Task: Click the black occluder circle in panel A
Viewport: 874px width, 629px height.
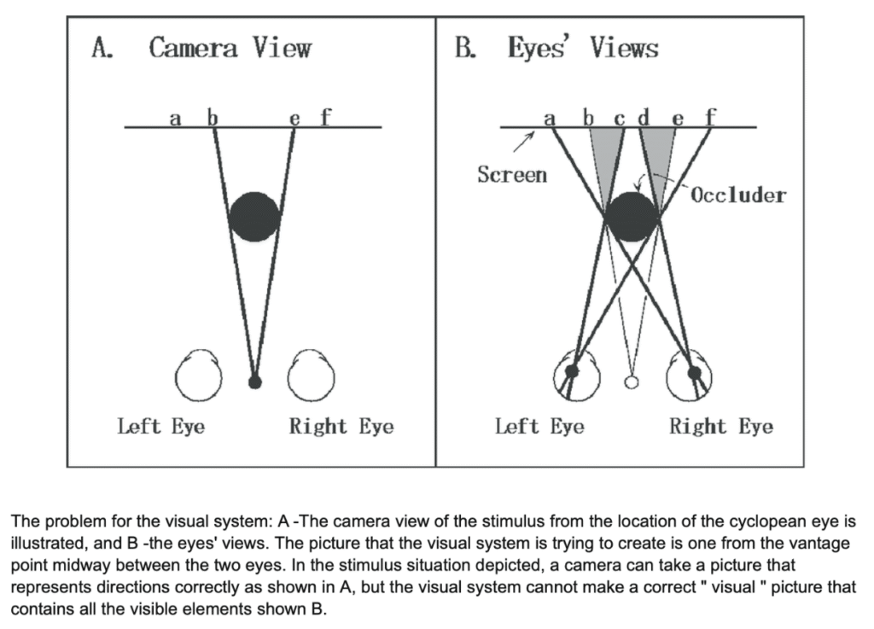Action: pyautogui.click(x=254, y=217)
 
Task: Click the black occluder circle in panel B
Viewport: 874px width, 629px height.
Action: pyautogui.click(x=632, y=217)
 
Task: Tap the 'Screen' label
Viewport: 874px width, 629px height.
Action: pyautogui.click(x=512, y=175)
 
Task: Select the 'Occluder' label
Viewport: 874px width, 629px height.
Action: pyautogui.click(x=738, y=195)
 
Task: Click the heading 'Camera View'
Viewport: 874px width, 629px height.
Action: pyautogui.click(x=230, y=48)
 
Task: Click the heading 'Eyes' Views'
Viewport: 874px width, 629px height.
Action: pyautogui.click(x=583, y=48)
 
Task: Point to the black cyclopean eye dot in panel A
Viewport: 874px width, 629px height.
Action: pyautogui.click(x=254, y=381)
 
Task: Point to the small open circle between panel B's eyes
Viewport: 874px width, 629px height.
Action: pyautogui.click(x=632, y=381)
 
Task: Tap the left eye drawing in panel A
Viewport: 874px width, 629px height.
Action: pyautogui.click(x=197, y=376)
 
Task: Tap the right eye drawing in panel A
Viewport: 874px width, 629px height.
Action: pyautogui.click(x=311, y=376)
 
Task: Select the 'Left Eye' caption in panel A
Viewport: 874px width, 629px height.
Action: pyautogui.click(x=161, y=426)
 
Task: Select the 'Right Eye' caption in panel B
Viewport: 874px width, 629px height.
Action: pyautogui.click(x=721, y=426)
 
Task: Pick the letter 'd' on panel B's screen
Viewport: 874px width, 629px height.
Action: pyautogui.click(x=644, y=117)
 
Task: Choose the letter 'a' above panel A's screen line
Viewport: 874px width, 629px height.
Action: pyautogui.click(x=175, y=118)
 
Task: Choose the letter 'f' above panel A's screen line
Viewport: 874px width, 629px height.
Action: pyautogui.click(x=324, y=116)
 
